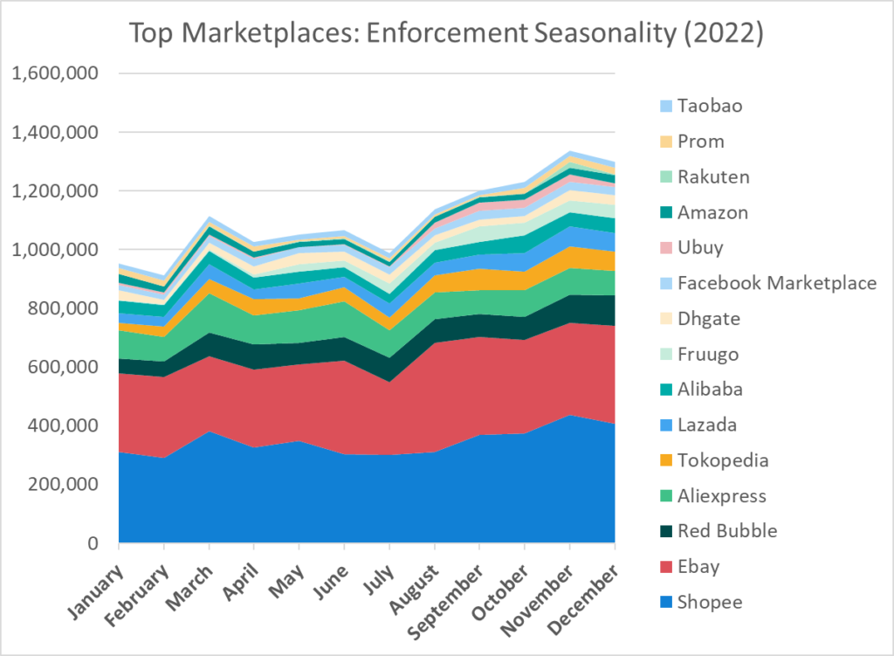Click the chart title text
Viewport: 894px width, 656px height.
tap(446, 34)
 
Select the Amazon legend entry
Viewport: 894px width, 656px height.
tap(712, 212)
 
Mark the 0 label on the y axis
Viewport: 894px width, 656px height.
tap(101, 543)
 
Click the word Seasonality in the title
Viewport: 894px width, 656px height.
tap(610, 34)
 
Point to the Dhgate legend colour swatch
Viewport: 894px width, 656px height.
tap(666, 319)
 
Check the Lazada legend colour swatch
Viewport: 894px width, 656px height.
tap(666, 425)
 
